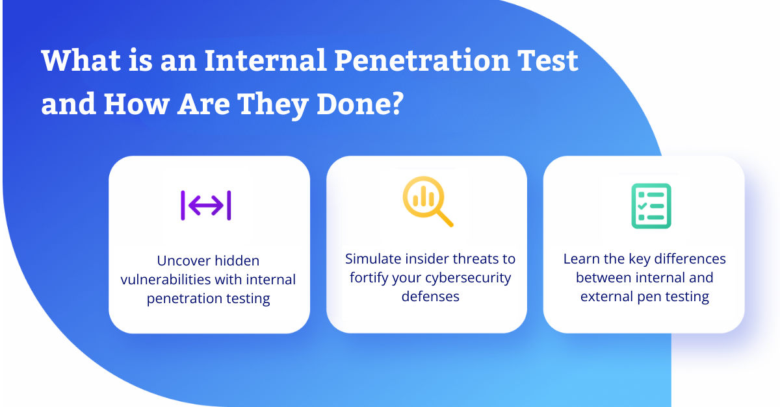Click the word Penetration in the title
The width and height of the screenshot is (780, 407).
(421, 60)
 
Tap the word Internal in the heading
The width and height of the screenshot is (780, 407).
(265, 60)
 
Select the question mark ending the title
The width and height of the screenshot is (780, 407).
(397, 103)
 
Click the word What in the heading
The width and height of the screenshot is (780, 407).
(81, 60)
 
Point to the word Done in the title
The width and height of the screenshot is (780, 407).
(352, 104)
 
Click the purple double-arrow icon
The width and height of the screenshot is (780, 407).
(206, 205)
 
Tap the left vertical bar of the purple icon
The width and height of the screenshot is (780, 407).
(183, 205)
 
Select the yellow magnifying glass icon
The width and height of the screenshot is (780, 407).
(428, 201)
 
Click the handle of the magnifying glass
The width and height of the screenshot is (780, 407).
(445, 218)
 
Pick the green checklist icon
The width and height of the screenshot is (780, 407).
(651, 206)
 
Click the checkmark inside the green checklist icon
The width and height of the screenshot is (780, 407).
(642, 206)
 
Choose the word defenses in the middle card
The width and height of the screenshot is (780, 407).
(430, 297)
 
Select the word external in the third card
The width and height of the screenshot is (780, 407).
(606, 297)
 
